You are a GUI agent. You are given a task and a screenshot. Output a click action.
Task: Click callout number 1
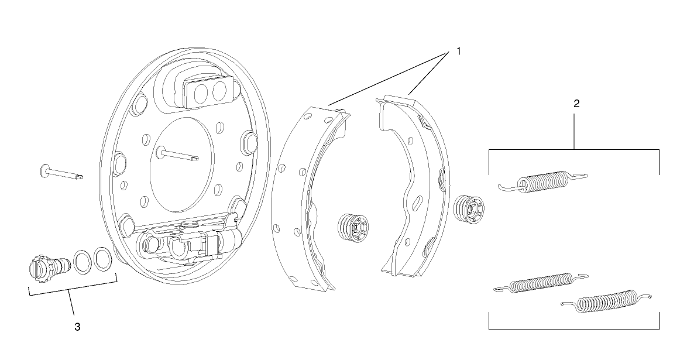tap(458, 51)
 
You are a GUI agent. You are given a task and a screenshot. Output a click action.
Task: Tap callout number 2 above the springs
tap(576, 104)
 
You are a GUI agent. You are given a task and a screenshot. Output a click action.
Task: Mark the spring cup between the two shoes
tap(353, 225)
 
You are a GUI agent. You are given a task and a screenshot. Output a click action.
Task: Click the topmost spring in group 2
tap(544, 181)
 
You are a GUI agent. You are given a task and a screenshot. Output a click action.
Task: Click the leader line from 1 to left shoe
tap(389, 78)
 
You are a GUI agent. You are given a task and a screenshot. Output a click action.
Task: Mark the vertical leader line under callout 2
tap(575, 132)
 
